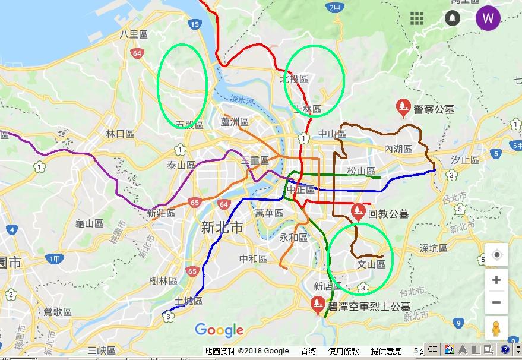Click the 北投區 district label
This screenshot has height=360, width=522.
295,78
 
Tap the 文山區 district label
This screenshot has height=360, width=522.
371,264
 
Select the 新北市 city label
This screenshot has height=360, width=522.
222,227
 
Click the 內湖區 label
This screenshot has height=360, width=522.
398,149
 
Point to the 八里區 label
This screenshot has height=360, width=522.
132,34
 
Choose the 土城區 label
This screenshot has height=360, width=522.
189,301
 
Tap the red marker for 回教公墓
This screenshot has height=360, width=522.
358,211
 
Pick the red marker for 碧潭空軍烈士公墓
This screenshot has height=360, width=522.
318,304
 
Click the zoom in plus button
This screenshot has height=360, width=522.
496,280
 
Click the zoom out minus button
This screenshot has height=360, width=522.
496,302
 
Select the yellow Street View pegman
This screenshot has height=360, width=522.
496,329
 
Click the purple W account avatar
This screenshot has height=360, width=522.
488,18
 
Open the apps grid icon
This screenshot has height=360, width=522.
417,18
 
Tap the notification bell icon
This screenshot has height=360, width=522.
453,18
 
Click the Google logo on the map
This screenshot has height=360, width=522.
219,330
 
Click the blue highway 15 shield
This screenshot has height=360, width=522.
194,24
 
